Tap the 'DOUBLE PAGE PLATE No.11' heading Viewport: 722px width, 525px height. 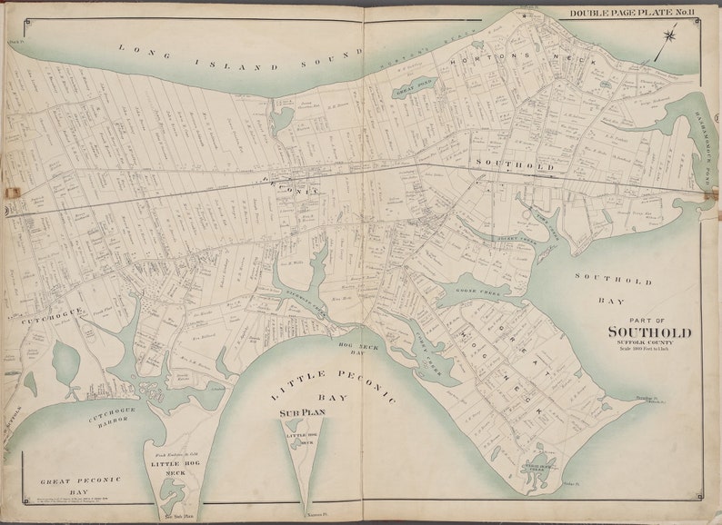tap(631, 13)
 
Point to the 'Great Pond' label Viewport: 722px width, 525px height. tap(415, 85)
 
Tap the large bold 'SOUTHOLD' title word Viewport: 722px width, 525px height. tap(648, 332)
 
